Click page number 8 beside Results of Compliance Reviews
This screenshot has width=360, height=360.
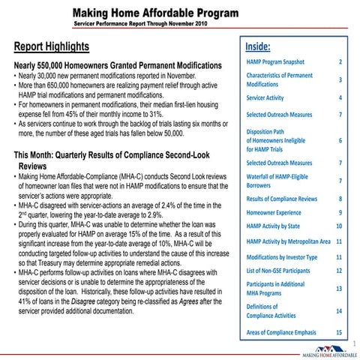click(x=340, y=199)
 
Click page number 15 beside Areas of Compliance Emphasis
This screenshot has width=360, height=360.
click(x=339, y=331)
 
